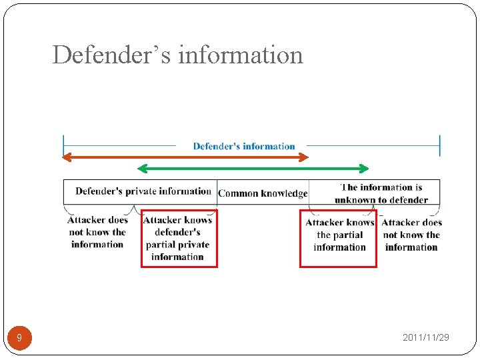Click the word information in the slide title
coord(241,55)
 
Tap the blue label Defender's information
coord(244,146)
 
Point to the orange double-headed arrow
coord(186,157)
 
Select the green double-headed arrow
coord(253,168)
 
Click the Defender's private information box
coord(143,191)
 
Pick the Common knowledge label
coord(263,193)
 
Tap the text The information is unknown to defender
coord(381,193)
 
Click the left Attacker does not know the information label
coord(97,232)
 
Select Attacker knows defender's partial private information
coord(178,238)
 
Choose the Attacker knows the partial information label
coord(339,235)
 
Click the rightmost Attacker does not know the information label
coord(411,235)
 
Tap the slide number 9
coord(19,338)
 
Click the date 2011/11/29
coord(426,337)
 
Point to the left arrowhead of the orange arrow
coord(66,157)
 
